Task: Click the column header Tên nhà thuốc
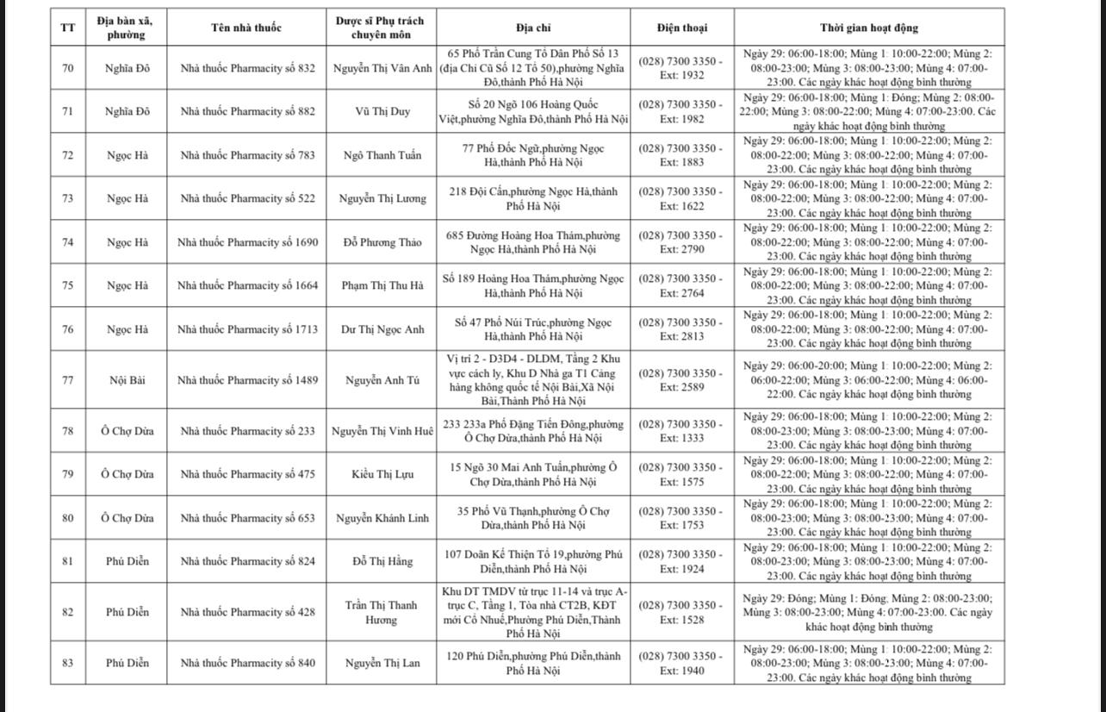245,28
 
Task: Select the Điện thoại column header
680,28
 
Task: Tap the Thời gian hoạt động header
868,28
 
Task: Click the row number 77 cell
68,380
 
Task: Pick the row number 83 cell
68,663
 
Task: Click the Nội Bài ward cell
127,380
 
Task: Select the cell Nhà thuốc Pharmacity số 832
247,68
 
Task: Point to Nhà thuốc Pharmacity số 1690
247,242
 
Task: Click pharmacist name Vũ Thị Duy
382,111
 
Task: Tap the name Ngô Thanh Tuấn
382,155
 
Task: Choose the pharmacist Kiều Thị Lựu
382,474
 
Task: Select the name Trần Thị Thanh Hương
381,612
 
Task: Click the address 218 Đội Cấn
533,198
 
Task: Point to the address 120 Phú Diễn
533,663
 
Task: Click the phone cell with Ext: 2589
680,380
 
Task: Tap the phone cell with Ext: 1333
680,431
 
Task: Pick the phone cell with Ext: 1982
680,111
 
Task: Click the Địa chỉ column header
533,28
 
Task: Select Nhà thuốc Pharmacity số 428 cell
247,612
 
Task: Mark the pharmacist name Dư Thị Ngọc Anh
382,329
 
